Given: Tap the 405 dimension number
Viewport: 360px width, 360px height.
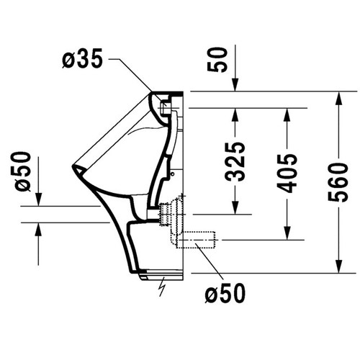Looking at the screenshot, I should (x=287, y=173).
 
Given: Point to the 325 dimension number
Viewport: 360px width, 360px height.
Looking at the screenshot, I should (x=235, y=161).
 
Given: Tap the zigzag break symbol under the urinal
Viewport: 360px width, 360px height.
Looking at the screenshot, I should (x=163, y=287).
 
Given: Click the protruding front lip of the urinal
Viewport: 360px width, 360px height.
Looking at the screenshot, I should (x=76, y=170).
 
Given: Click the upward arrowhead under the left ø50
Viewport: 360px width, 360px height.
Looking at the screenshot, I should (x=39, y=230).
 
